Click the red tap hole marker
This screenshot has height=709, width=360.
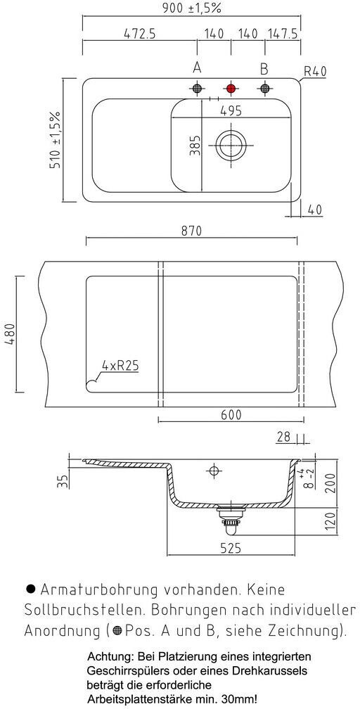[231, 88]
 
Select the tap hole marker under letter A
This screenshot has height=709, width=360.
[197, 88]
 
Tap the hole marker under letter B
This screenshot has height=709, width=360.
[264, 88]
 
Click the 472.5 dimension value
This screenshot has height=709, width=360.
[139, 34]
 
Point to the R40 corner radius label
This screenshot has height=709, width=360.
[315, 71]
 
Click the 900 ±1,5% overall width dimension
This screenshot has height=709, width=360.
[192, 8]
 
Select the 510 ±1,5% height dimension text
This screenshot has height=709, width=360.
[56, 140]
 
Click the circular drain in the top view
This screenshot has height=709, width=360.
[231, 145]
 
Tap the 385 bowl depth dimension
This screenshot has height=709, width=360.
[195, 145]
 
